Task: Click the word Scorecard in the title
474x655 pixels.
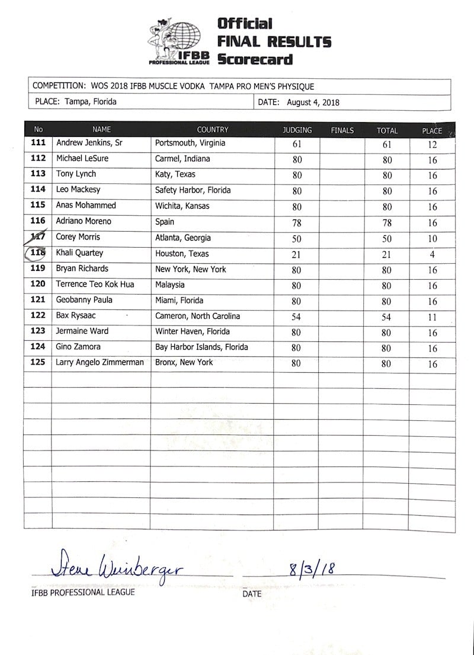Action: [255, 59]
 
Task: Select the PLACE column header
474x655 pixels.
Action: [432, 130]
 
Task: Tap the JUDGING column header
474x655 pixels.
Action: [297, 130]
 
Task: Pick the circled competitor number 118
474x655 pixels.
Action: [38, 253]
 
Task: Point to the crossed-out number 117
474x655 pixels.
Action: [38, 237]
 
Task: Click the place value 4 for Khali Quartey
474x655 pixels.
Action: [432, 254]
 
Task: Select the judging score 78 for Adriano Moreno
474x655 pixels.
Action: [297, 222]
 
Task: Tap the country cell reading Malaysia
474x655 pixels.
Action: [170, 285]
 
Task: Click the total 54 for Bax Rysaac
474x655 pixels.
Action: [386, 317]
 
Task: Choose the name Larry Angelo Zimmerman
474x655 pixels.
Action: [100, 362]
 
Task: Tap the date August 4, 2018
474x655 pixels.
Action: [313, 102]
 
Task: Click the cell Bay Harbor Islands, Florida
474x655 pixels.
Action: [201, 347]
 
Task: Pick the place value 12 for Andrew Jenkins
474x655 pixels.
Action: [432, 144]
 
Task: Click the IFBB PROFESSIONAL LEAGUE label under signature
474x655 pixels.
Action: [83, 592]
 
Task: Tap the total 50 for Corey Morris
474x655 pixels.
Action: [386, 238]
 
